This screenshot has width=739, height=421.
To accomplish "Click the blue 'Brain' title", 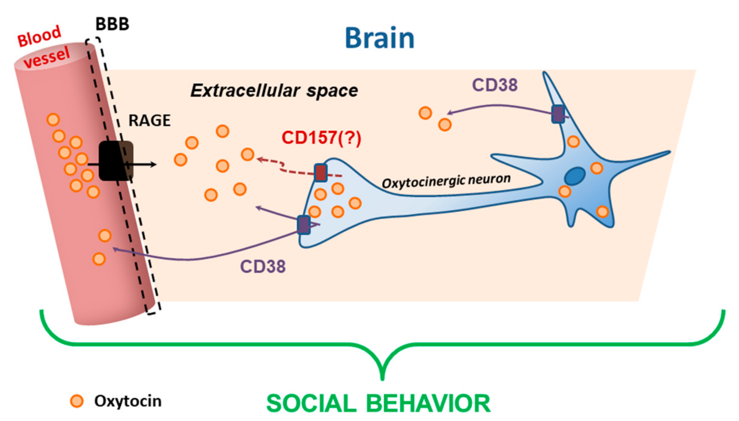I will pos(379,38).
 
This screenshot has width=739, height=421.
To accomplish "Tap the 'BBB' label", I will pos(112,24).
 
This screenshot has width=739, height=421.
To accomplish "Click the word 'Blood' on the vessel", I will pos(39,36).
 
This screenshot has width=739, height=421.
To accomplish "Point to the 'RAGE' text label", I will pos(149,121).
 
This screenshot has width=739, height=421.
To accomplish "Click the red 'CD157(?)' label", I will pos(321,137).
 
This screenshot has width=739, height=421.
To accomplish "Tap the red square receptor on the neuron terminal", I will pos(320,173).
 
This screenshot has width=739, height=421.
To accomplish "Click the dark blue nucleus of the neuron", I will pos(575,176).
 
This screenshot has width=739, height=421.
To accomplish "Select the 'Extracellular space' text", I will pos(274,91).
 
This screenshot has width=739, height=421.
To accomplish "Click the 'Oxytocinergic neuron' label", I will pos(446,181).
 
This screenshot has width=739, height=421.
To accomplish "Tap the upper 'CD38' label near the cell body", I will pos(495,85).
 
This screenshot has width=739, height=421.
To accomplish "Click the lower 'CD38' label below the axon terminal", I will pos(263,266).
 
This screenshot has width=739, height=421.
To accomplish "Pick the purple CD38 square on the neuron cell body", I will pos(558,114).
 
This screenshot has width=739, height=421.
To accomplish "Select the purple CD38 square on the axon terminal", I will pos(303,225).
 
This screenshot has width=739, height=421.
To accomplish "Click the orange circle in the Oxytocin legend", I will pos(77,401).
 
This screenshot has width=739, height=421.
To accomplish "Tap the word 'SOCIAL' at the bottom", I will pos(311,403).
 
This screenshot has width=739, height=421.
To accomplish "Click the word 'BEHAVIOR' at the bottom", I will pos(428,403).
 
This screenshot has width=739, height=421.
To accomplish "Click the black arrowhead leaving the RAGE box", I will pos(153,164).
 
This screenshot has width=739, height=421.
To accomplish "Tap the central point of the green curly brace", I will pos(382,376).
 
